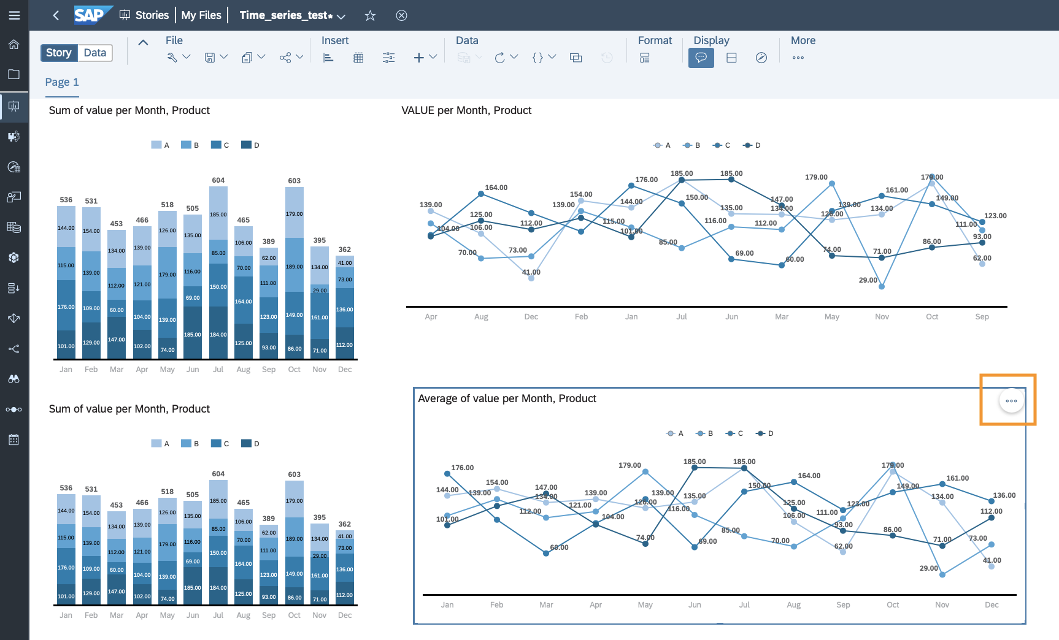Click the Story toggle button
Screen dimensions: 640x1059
click(x=59, y=53)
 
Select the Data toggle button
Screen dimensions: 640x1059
click(x=95, y=53)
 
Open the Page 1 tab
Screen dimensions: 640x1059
click(x=62, y=82)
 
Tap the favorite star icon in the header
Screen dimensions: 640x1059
click(x=370, y=15)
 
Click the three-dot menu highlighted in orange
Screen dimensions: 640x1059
click(x=1011, y=401)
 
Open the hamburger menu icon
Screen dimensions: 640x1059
click(x=14, y=15)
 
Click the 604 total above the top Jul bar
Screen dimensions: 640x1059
click(x=218, y=180)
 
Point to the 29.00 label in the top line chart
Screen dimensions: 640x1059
click(x=868, y=280)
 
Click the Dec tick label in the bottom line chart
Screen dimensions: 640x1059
click(x=992, y=605)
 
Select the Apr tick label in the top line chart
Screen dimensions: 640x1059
click(x=431, y=317)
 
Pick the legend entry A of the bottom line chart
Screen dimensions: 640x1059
click(x=675, y=433)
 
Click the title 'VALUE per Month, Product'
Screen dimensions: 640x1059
click(x=466, y=110)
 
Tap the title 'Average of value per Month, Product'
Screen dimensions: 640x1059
click(x=507, y=398)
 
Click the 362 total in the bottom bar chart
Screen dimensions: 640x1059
click(x=345, y=524)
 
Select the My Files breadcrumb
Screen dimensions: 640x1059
click(x=201, y=15)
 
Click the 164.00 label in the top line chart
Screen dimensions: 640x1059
click(x=496, y=188)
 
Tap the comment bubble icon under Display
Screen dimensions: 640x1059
click(x=701, y=58)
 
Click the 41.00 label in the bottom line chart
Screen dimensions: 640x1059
click(x=992, y=560)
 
